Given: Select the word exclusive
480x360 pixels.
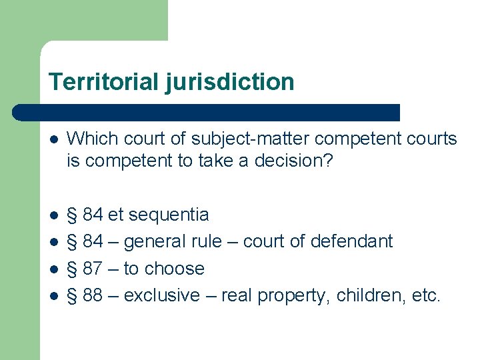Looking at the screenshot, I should tap(162, 295).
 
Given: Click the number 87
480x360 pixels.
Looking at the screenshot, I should tap(93, 269).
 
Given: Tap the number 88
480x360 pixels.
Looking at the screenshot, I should tap(93, 295).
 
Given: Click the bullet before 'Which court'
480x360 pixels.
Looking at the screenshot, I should tap(53, 139).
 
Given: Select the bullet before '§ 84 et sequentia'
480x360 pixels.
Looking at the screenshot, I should tap(53, 215).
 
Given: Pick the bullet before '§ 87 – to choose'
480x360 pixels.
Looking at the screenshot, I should tap(53, 269).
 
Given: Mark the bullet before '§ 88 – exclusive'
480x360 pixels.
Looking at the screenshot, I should tap(53, 296).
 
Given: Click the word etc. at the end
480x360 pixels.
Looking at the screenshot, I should tap(426, 295).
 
